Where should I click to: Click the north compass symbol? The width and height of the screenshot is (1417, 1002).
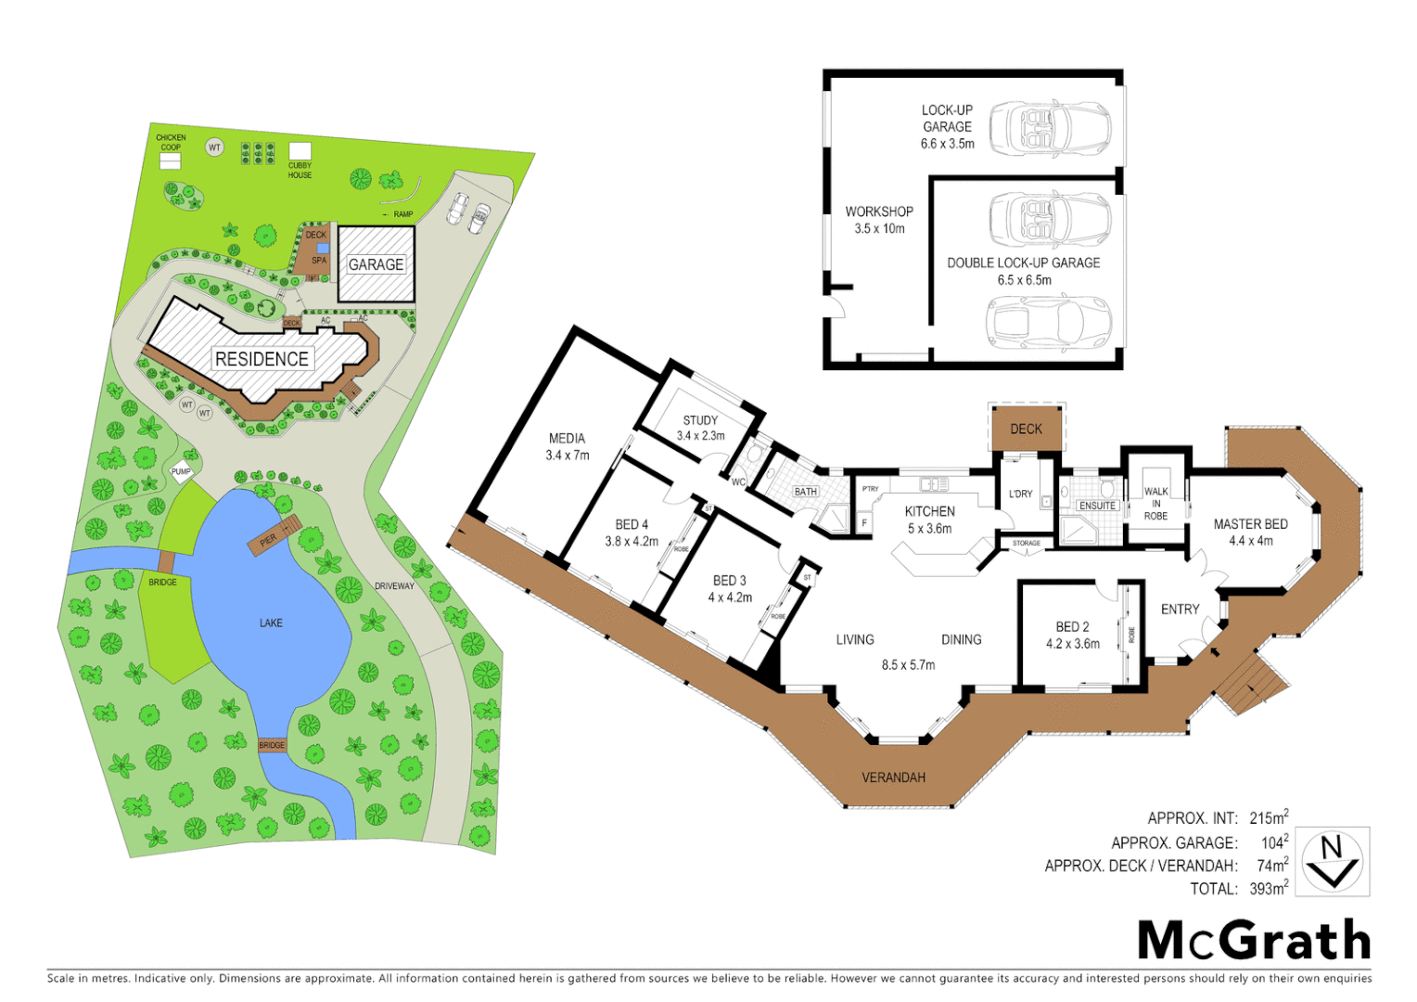1332,862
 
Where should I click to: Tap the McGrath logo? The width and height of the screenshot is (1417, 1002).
1254,941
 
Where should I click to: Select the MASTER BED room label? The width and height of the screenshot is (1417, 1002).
1250,524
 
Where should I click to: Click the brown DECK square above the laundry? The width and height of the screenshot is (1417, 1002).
1026,429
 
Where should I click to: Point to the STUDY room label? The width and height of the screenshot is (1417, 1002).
700,420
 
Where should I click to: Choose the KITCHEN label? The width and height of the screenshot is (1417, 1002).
929,511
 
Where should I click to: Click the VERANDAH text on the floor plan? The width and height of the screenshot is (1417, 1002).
893,777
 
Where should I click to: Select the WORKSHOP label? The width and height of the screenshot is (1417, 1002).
878,212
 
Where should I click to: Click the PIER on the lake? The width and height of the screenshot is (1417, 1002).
272,536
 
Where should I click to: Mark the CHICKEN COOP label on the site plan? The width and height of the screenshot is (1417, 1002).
171,142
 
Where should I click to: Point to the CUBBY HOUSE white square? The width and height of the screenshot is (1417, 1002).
300,151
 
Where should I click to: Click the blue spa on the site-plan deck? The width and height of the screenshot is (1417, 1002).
322,248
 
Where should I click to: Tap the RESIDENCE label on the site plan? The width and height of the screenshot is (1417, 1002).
262,359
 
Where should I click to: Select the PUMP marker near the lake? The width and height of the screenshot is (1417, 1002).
181,471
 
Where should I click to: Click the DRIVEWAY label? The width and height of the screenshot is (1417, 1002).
394,586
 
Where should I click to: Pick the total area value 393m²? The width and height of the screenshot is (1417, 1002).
1268,889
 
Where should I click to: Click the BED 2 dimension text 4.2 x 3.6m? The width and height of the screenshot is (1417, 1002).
1072,644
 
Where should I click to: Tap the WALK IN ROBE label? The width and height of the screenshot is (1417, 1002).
1155,504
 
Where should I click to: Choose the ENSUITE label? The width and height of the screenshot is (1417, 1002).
1097,506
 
